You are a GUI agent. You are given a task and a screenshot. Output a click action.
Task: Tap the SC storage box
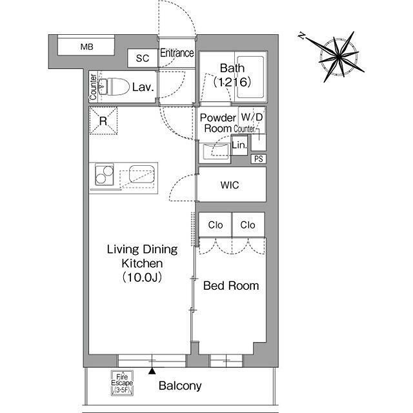[x=143, y=58]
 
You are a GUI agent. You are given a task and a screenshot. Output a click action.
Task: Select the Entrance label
[x=177, y=53]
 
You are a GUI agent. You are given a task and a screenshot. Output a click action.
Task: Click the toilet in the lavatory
[x=114, y=86]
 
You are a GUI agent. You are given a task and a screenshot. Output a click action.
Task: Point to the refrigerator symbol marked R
[x=103, y=121]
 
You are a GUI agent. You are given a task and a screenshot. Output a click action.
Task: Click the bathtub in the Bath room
[x=250, y=77]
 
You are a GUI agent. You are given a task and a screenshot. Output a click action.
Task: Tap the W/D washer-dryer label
[x=252, y=117]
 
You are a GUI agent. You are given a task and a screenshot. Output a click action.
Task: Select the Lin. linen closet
[x=239, y=145]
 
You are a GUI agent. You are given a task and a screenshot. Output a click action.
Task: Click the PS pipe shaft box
[x=258, y=159]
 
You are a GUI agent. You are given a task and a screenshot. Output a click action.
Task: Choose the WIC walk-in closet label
[x=230, y=185]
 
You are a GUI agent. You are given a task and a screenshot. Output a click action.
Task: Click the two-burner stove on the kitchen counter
[x=105, y=175]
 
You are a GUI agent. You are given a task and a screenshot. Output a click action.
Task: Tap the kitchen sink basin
[x=142, y=174]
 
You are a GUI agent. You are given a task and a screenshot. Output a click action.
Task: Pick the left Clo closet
[x=215, y=225]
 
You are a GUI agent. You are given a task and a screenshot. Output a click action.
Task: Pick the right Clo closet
[x=248, y=225]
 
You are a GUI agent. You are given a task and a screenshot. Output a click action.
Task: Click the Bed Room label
[x=231, y=286]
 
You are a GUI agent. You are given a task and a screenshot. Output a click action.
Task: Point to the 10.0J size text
[x=142, y=277]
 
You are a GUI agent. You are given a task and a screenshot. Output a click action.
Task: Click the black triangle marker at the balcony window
[x=152, y=371]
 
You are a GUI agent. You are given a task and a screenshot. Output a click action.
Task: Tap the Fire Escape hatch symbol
[x=122, y=383]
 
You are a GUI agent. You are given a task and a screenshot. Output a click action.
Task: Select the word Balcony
[x=180, y=386]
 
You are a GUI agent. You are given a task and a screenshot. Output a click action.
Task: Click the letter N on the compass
[x=302, y=35]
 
